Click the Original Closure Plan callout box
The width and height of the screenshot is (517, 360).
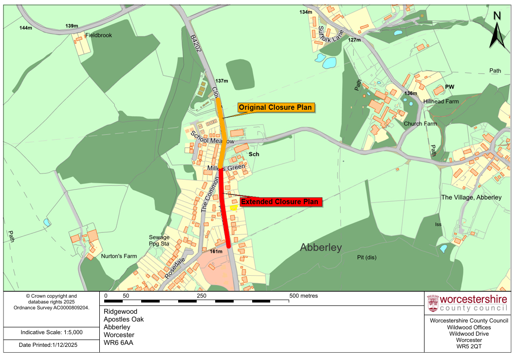coord(275,107)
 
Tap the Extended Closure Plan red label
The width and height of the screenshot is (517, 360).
coord(280,202)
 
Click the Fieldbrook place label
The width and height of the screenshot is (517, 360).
coord(98,36)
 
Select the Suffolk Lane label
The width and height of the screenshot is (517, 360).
coord(331,35)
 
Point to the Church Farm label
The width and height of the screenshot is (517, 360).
coord(420,124)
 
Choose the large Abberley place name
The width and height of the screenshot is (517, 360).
coord(321,247)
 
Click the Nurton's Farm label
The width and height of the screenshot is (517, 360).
coord(119,256)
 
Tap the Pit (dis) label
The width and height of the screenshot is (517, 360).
coord(367,257)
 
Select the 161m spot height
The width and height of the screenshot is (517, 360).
coord(216,251)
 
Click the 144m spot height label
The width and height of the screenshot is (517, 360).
coord(26,28)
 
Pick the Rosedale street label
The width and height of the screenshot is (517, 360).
coord(175,268)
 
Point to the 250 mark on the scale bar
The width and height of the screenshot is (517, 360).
coord(202,296)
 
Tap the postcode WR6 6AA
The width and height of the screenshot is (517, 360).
coord(118,342)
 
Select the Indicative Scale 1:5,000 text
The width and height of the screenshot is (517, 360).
coord(52,332)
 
